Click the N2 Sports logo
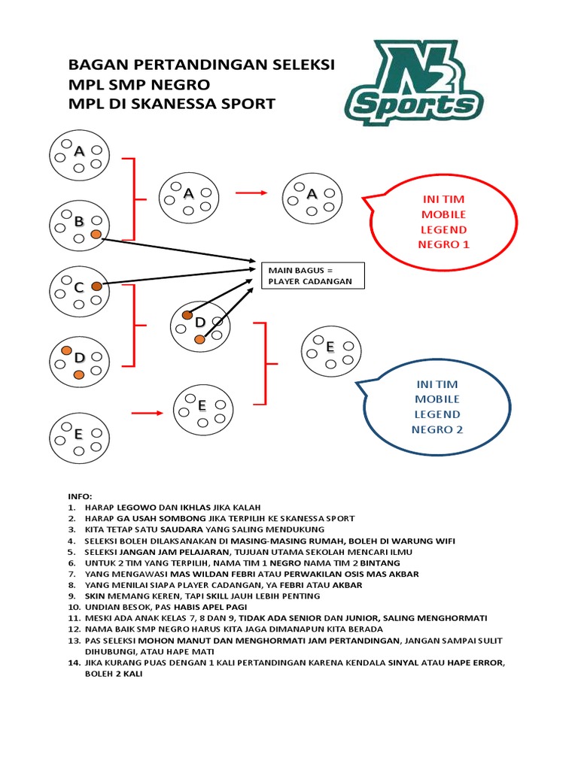click(x=415, y=83)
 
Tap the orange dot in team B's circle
click(x=96, y=235)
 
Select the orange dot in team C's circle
click(x=96, y=286)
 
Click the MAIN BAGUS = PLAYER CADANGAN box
click(x=312, y=276)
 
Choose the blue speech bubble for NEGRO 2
click(x=436, y=406)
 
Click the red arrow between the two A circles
click(x=251, y=193)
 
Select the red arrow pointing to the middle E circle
click(x=147, y=412)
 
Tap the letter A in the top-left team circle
click(x=79, y=151)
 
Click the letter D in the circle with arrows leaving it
click(x=200, y=323)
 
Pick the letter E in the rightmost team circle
click(x=330, y=347)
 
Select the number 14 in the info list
click(x=73, y=663)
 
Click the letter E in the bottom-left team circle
click(x=78, y=434)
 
